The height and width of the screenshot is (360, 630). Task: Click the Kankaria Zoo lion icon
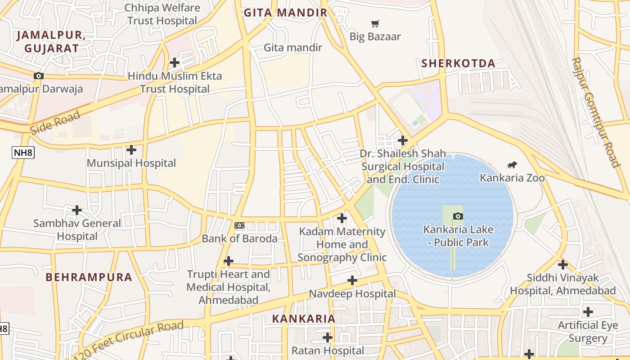(x=512, y=165)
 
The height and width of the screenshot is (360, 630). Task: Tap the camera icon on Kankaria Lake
(x=458, y=216)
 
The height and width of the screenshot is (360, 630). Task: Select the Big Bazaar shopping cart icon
(x=375, y=23)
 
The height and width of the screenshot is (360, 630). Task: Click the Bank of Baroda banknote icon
(x=239, y=225)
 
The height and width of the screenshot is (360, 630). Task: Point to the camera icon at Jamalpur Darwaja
(x=39, y=76)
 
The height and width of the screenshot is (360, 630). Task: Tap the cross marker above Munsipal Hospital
(x=131, y=150)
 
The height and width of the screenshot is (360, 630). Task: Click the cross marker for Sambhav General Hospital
(x=77, y=210)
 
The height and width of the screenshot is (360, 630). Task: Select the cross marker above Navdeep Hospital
(x=352, y=281)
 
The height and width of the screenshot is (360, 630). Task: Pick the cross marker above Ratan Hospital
(x=328, y=337)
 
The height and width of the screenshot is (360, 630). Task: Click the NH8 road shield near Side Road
(x=23, y=153)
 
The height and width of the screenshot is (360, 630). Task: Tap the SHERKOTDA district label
(x=458, y=63)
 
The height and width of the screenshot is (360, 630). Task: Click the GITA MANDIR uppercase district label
(x=286, y=13)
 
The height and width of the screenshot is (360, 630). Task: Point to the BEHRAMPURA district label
(x=89, y=277)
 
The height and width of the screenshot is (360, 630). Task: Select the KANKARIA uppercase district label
(x=304, y=319)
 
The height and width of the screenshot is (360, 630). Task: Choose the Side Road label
(x=55, y=123)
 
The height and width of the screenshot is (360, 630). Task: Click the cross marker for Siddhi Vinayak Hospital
(x=562, y=265)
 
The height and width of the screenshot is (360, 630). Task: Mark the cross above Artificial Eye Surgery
(x=588, y=312)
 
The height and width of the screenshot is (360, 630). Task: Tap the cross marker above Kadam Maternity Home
(x=342, y=219)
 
